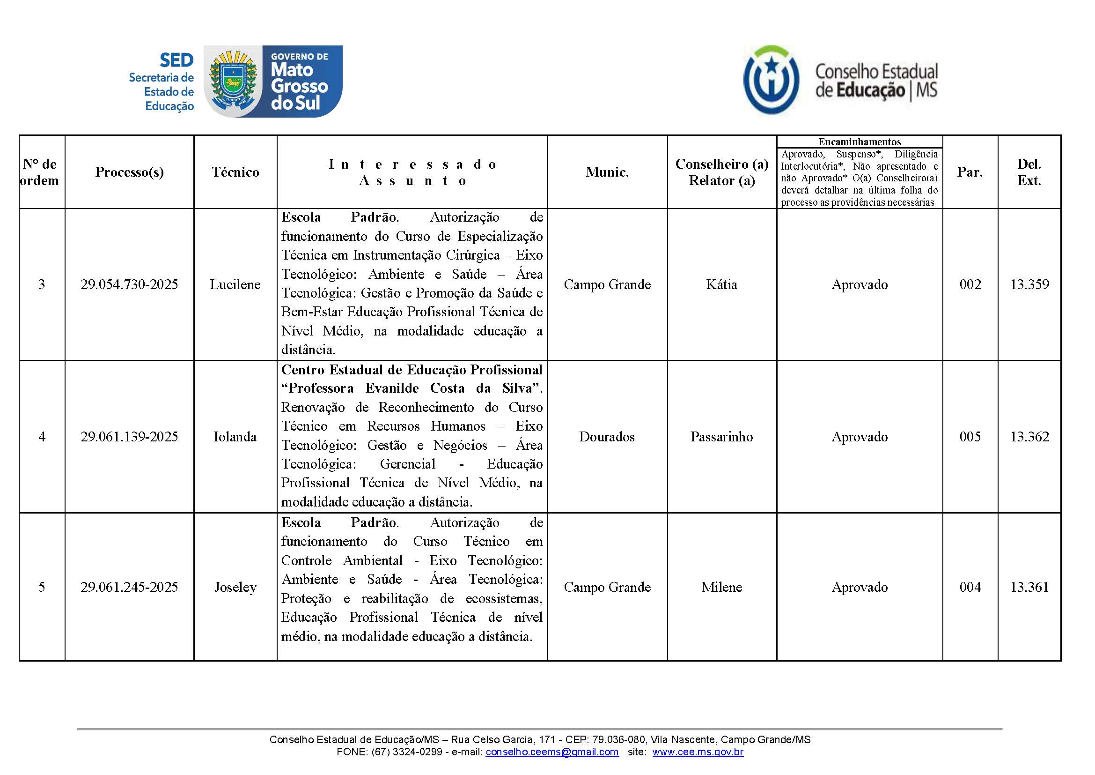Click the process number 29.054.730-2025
click(x=129, y=284)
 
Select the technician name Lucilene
click(x=235, y=284)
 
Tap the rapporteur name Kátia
click(x=721, y=284)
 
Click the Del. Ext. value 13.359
click(x=1029, y=284)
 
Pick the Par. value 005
click(x=970, y=437)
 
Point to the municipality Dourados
click(x=607, y=437)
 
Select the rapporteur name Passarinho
click(x=721, y=437)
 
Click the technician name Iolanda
click(x=235, y=437)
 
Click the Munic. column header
click(x=607, y=172)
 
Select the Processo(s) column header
click(x=129, y=172)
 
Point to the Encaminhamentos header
click(x=860, y=142)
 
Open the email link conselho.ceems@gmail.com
click(x=552, y=752)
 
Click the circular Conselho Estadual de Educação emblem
click(x=771, y=80)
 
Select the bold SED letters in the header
click(x=176, y=60)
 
